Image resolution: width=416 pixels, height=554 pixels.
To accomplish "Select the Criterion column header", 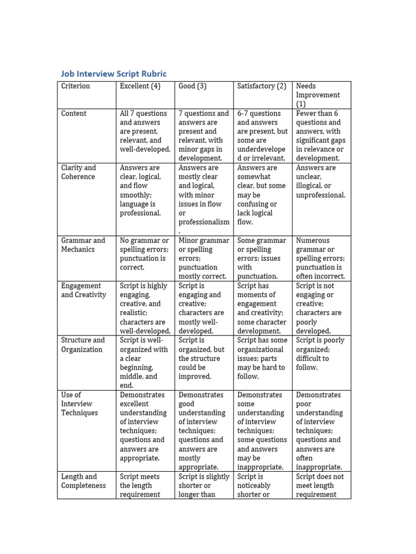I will coord(76,86).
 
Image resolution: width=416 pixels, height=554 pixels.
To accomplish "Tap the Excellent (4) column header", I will coord(140,86).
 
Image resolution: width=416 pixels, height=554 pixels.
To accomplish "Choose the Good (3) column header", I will coord(193,86).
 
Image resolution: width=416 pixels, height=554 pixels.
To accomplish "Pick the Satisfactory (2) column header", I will coord(262,86).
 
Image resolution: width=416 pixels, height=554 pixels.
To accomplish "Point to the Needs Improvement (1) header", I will coord(318,95).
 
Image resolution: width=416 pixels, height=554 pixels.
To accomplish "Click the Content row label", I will coord(74,114).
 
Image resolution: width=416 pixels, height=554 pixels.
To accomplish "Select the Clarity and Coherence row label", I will coord(79,172).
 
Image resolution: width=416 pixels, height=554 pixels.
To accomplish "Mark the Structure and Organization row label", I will coord(83,345).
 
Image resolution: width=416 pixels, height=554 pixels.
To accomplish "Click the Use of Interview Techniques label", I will coord(80,404).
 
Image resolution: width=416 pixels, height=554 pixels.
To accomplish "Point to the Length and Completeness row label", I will coord(83,481).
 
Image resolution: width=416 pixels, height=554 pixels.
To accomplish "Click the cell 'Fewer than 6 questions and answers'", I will coord(321,136).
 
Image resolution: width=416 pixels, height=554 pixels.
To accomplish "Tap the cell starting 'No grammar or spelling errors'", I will coord(145,254).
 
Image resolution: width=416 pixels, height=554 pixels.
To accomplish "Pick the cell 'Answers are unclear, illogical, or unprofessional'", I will coord(321,181).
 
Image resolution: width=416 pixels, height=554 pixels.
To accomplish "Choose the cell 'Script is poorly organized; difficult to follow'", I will coord(320,354).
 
